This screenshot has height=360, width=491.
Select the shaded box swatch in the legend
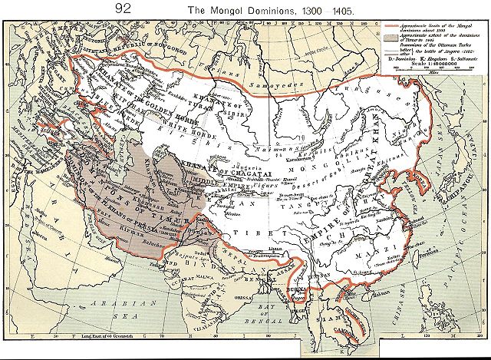click(390, 36)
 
